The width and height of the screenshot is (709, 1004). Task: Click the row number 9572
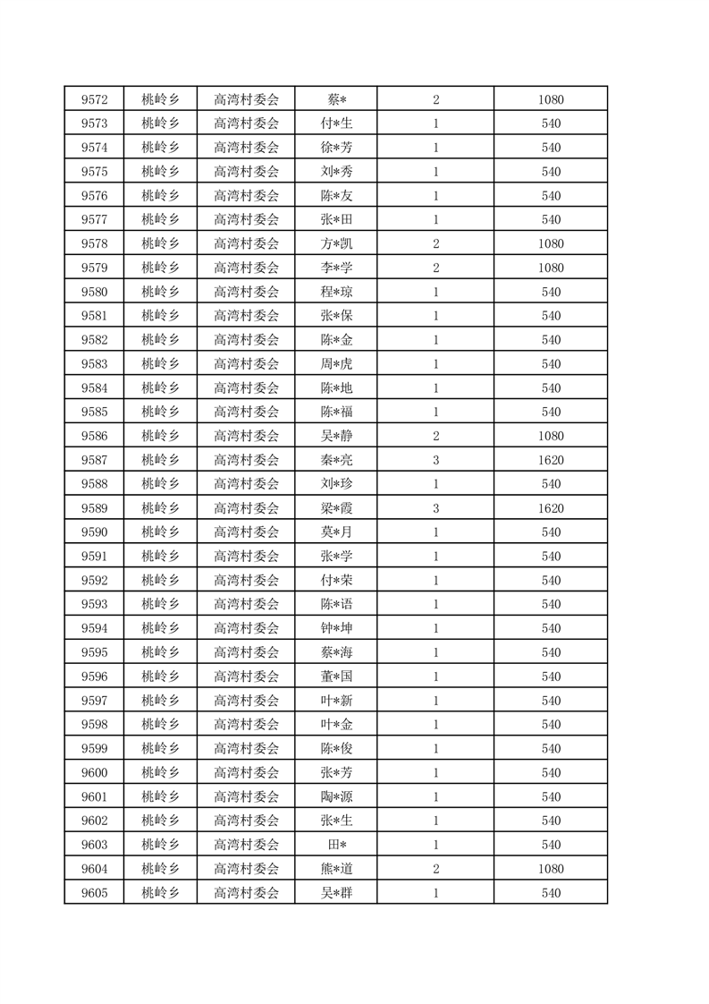point(94,99)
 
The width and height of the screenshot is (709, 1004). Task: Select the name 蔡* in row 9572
point(336,99)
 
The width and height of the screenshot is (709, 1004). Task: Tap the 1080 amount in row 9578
point(551,243)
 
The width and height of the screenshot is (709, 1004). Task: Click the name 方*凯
point(336,243)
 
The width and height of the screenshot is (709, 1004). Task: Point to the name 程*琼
point(336,292)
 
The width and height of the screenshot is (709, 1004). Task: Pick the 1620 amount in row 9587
point(551,460)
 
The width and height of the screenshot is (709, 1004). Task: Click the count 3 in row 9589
point(435,508)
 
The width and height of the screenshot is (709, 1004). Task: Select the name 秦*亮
point(336,460)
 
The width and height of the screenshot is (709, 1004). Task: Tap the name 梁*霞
point(336,508)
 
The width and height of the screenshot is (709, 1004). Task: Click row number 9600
point(94,772)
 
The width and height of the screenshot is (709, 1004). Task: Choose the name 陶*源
point(336,796)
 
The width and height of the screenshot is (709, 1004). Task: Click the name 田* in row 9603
point(336,845)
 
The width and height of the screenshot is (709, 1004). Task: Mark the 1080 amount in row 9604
point(551,869)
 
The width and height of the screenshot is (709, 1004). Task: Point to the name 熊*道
point(336,869)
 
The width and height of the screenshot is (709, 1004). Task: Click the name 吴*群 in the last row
point(336,893)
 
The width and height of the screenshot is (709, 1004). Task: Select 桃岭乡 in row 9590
point(161,532)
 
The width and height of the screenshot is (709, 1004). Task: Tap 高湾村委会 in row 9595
point(247,652)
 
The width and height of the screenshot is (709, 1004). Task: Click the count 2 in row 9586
point(435,436)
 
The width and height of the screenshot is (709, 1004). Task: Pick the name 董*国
point(336,676)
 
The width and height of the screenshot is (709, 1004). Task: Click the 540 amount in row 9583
point(551,364)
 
